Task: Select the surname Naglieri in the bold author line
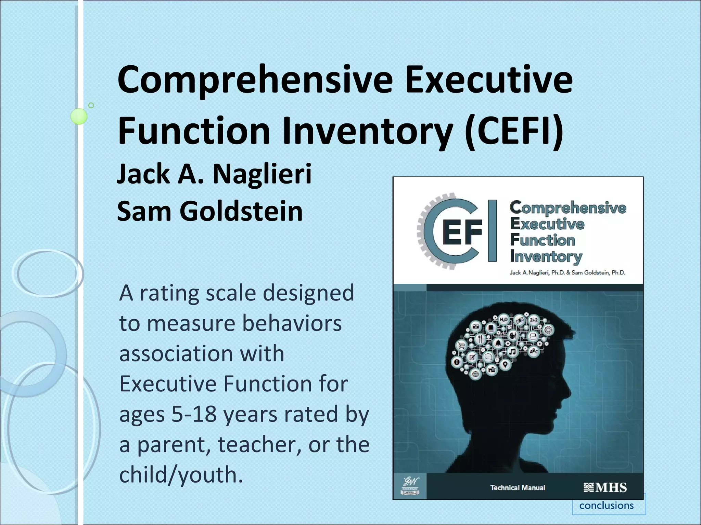tap(262, 174)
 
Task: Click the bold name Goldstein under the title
tap(241, 211)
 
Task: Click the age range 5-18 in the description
tap(194, 414)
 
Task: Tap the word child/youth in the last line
tap(181, 475)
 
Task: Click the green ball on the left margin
tap(79, 116)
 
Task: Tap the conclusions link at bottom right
tap(606, 505)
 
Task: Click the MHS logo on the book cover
tap(605, 487)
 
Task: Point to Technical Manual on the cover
tap(518, 488)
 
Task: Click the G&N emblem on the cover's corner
tap(410, 486)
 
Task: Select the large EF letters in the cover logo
tap(462, 232)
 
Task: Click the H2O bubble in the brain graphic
tap(504, 320)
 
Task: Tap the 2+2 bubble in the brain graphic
tap(534, 320)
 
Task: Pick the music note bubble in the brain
tap(512, 351)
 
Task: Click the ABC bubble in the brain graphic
tap(534, 351)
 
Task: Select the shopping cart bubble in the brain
tap(462, 346)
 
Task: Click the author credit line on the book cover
tap(567, 272)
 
